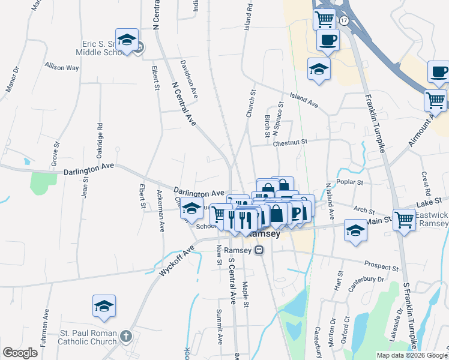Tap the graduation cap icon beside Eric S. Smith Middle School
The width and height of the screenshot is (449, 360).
(127, 40)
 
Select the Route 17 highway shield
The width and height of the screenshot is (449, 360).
(343, 20)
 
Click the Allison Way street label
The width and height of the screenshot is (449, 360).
(61, 67)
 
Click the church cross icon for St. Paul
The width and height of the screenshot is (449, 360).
(125, 336)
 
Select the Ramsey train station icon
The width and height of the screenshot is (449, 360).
(259, 250)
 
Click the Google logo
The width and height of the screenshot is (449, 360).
(20, 353)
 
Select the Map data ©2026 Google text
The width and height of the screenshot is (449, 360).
(412, 355)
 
